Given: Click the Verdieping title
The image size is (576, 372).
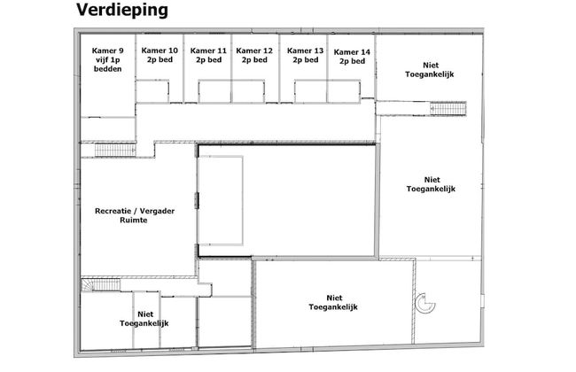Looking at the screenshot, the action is point(122,10).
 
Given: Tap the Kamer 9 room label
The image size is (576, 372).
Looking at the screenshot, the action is point(107,59).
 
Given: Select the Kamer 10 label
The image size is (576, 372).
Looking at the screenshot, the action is point(160,55).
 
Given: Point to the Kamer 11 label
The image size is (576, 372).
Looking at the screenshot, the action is point(208,55).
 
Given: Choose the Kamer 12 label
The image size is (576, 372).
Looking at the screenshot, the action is point(254,55).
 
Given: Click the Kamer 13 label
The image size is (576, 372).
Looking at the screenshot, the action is point(305,55).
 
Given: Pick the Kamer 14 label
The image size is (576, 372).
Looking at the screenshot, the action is point(352,57).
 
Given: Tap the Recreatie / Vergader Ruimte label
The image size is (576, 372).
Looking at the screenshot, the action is point(135,215).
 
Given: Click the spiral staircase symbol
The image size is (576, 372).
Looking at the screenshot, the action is point(425,304).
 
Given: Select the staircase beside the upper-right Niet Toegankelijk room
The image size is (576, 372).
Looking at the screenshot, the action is point(448,109).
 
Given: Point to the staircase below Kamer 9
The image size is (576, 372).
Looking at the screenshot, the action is point(115,150).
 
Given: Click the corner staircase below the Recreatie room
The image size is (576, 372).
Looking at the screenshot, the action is point(101,285).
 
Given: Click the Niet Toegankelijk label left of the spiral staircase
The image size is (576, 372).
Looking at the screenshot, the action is point(333,302).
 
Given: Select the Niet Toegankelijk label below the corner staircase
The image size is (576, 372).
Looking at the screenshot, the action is point(144,319).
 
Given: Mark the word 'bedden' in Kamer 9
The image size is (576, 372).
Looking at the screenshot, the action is point(107,69).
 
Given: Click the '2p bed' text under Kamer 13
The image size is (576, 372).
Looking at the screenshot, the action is point(306,60).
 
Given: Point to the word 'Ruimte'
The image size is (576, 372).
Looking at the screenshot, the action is point(134,221).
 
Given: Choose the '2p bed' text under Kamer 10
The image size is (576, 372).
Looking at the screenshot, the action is point(160,60).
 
